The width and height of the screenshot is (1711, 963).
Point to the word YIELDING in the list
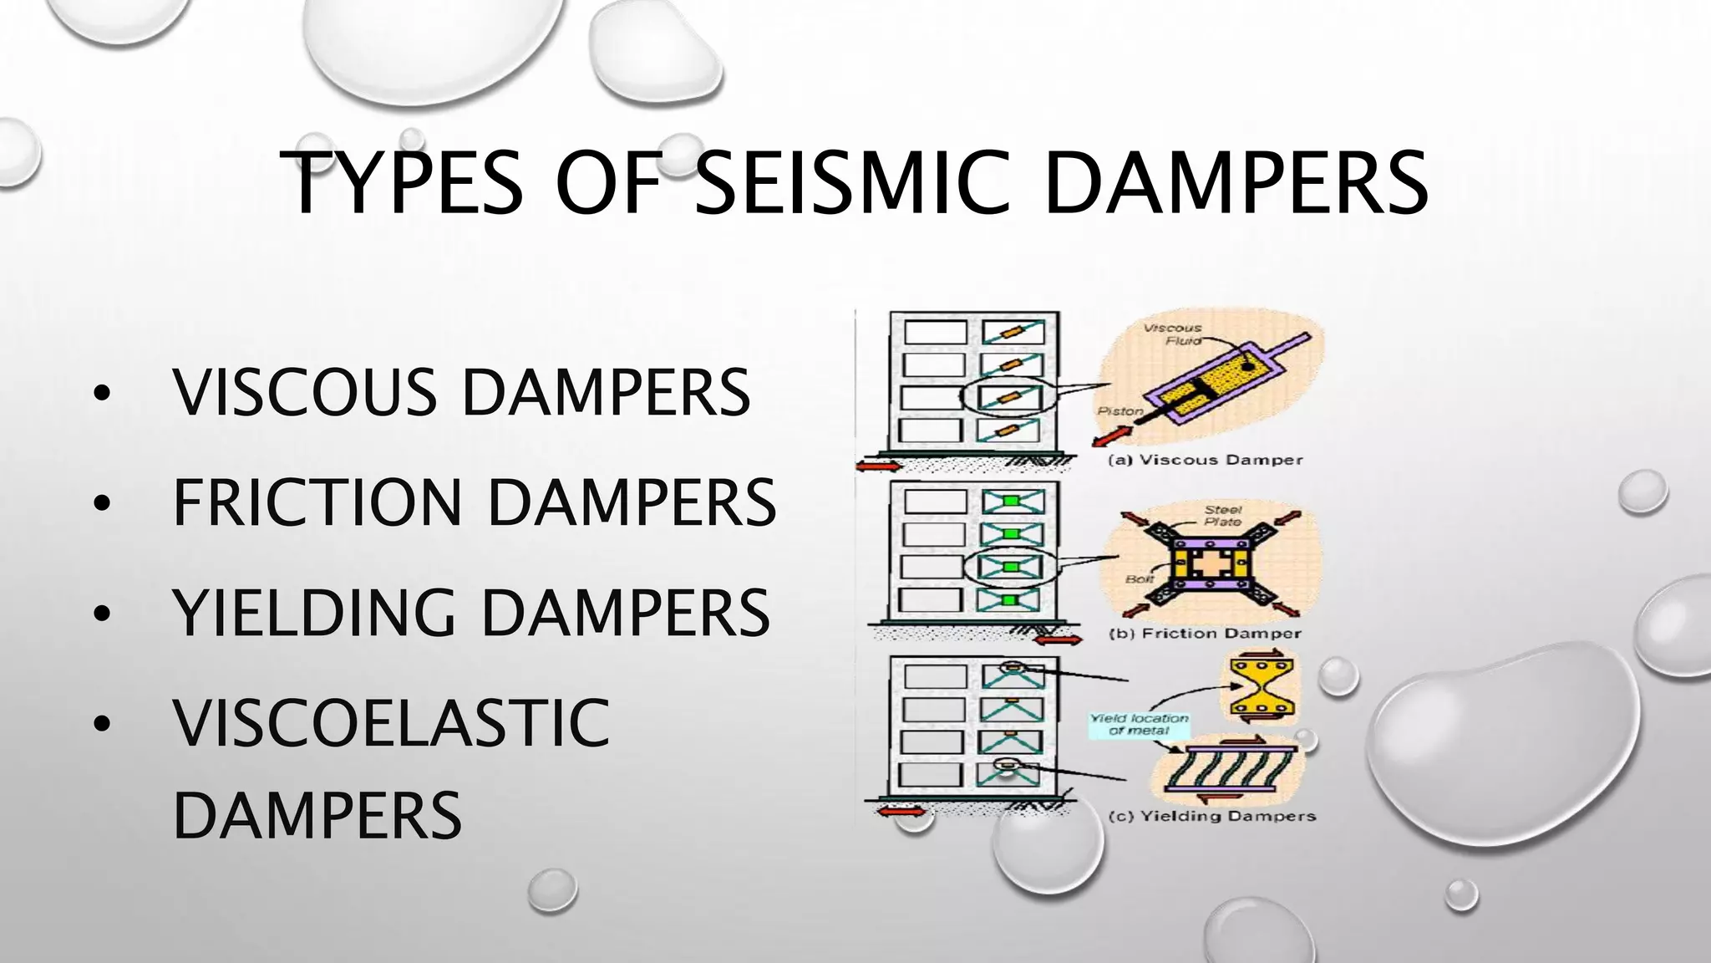tap(314, 613)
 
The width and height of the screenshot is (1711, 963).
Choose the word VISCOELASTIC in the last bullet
tap(391, 723)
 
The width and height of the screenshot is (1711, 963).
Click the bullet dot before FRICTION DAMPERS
tap(102, 504)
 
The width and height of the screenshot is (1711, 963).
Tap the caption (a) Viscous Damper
tap(1205, 460)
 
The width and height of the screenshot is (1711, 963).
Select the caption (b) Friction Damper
tap(1205, 634)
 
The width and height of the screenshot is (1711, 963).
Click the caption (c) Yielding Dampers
tap(1211, 816)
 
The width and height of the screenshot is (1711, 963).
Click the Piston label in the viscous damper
tap(1120, 411)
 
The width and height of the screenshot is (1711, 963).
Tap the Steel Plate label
tap(1223, 515)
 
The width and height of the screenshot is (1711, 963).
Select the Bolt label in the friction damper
tap(1140, 578)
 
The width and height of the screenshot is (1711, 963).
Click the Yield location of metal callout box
tap(1139, 724)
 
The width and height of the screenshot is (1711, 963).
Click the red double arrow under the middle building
tap(1058, 639)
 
